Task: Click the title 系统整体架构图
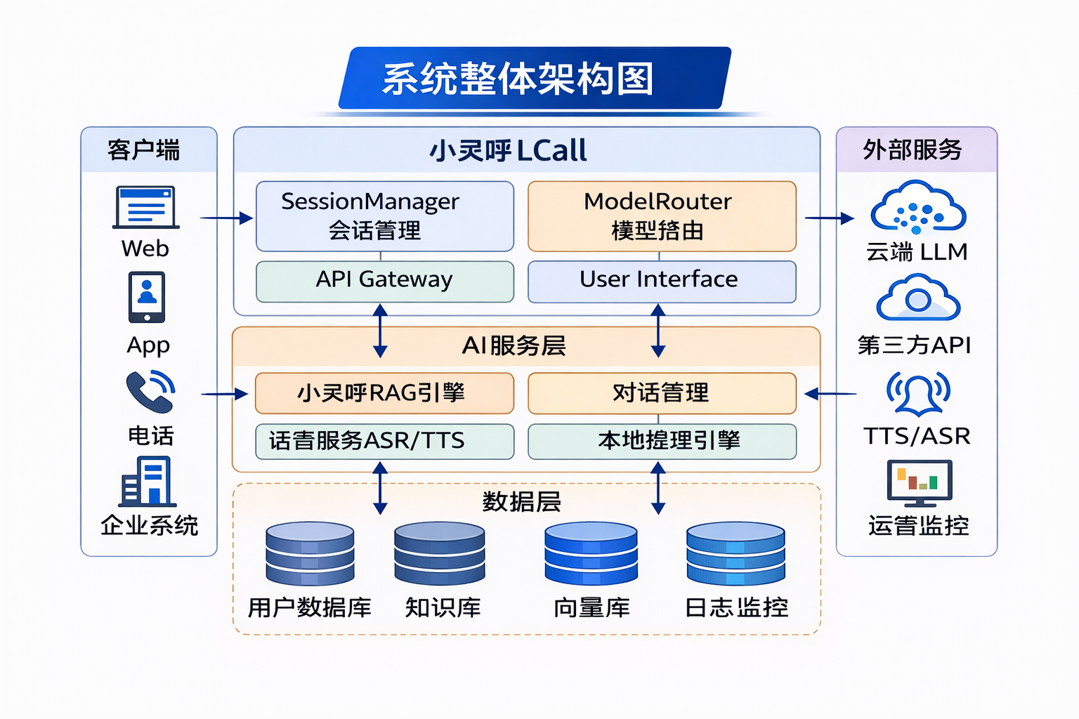coord(518,79)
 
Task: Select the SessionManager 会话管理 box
coord(385,216)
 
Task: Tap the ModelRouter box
coord(661,216)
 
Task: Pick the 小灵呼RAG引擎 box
coord(384,393)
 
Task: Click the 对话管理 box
coord(661,393)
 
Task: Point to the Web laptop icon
coord(146,207)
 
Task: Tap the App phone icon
coord(147,297)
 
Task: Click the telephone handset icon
coord(150,392)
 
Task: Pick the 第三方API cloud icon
coord(917,299)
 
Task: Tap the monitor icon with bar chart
coord(919,482)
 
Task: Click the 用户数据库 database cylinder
coord(310,554)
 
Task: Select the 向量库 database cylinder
coord(591,554)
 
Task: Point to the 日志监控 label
coord(736,607)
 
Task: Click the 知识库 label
coord(443,607)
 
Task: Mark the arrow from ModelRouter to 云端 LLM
coord(829,218)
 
